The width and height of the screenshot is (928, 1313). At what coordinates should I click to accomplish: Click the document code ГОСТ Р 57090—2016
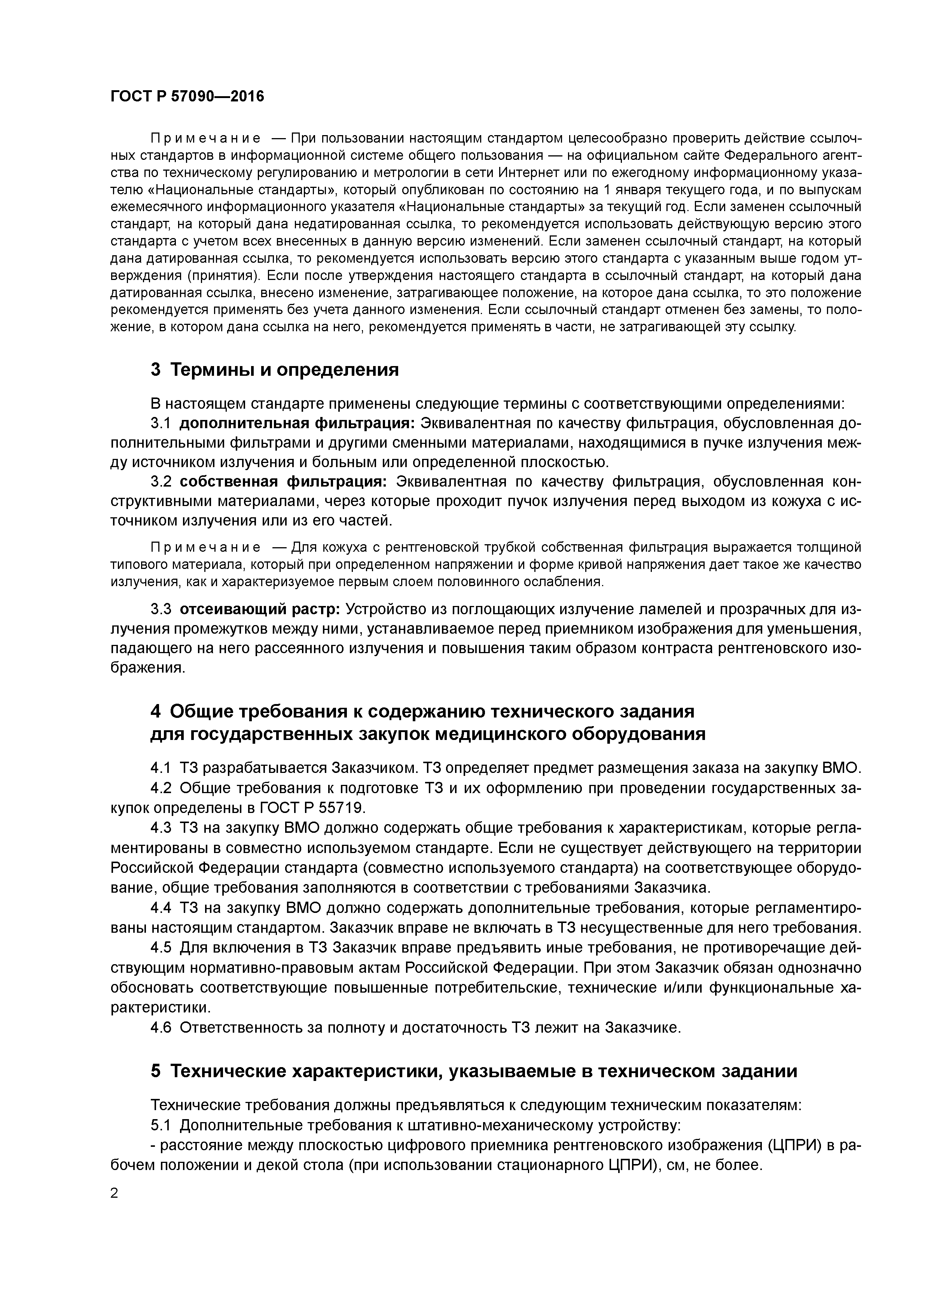[x=187, y=97]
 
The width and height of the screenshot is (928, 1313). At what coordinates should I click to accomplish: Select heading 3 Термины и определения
[x=274, y=370]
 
